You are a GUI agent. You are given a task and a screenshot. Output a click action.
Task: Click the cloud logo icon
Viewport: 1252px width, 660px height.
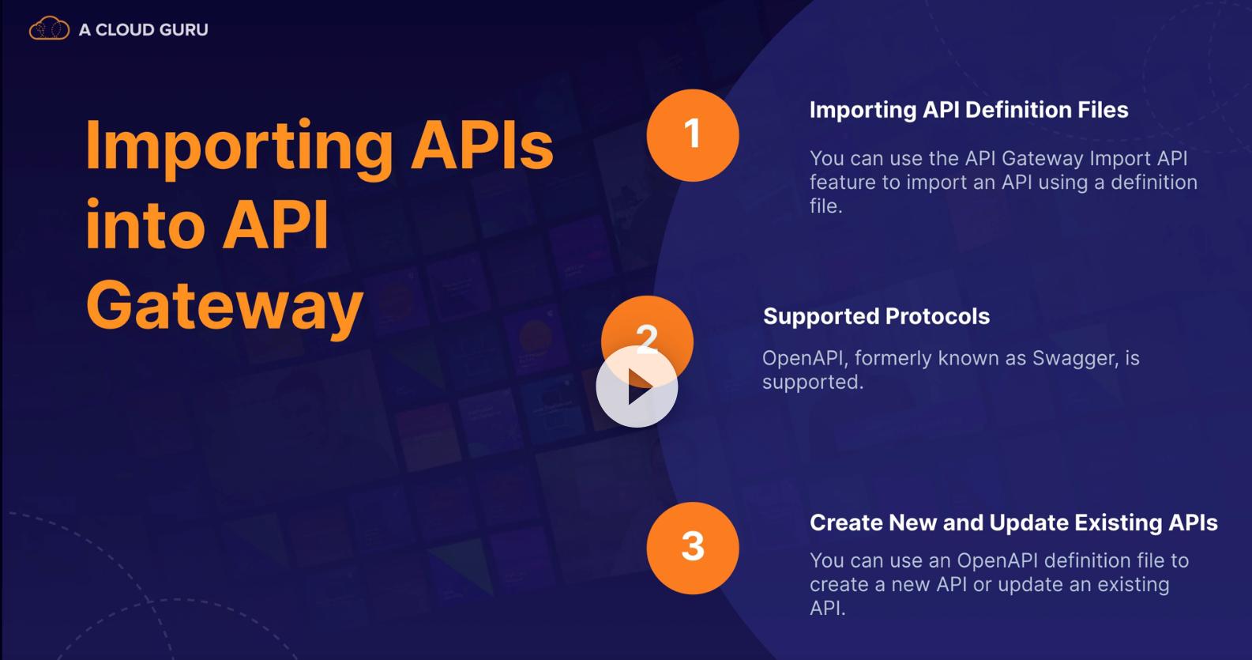coord(49,28)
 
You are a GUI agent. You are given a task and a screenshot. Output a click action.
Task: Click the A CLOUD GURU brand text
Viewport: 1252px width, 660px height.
coord(144,30)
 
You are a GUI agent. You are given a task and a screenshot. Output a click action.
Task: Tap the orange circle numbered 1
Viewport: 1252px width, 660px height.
coord(693,135)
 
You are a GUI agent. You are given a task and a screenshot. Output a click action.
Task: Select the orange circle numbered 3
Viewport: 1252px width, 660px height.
coord(693,548)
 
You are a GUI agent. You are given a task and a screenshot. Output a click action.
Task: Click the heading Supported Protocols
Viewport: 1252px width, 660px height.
coord(877,317)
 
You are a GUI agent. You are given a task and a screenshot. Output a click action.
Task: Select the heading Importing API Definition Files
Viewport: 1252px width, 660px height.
coord(969,110)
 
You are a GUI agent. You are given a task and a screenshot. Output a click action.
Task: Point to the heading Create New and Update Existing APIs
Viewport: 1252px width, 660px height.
coord(1013,523)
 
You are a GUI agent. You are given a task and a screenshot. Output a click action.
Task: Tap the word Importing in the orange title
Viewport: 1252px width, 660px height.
coord(239,146)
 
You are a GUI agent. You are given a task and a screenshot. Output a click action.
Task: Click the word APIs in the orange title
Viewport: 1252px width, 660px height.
coord(483,145)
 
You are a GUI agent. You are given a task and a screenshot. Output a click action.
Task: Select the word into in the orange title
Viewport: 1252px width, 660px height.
coord(146,224)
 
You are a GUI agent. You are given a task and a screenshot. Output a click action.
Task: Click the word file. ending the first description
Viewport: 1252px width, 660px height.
coord(825,206)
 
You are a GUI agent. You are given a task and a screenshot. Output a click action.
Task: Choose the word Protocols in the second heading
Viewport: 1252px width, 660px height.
coord(938,317)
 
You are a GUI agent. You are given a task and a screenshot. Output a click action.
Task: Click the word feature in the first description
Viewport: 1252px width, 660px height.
coord(843,183)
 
